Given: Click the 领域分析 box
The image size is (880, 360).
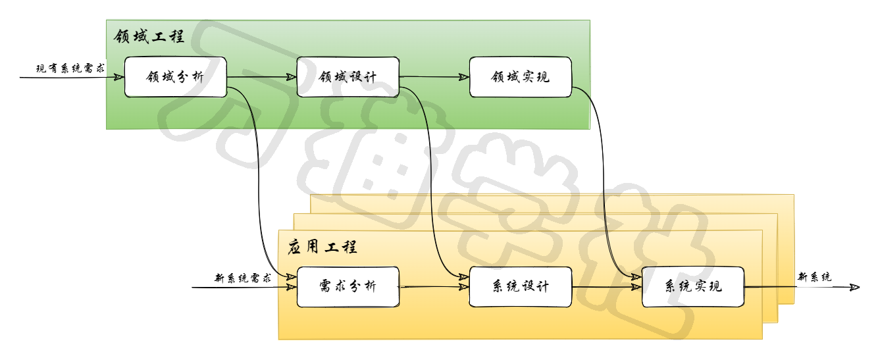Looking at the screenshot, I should click(x=175, y=77).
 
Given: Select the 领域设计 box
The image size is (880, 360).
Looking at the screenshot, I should click(x=348, y=77).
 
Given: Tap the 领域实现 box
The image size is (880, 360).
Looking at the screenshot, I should click(x=520, y=77).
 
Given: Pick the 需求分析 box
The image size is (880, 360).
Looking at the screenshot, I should click(x=348, y=286).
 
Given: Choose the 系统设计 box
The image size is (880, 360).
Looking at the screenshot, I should click(x=520, y=286).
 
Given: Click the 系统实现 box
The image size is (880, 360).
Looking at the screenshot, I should click(x=692, y=286).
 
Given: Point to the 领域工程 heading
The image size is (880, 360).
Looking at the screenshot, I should click(x=149, y=36).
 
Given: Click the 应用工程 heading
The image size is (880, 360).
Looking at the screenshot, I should click(x=323, y=247).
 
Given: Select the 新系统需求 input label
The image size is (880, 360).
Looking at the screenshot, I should click(x=243, y=278).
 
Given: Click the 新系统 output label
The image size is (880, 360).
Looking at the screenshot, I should click(x=814, y=277).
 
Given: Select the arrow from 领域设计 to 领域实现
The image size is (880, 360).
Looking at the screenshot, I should click(x=434, y=77).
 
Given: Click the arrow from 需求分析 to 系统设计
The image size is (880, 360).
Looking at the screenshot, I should click(x=434, y=286).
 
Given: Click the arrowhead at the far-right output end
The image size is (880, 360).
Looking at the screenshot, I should click(x=855, y=287).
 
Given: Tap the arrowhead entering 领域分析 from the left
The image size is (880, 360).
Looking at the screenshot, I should click(x=119, y=77).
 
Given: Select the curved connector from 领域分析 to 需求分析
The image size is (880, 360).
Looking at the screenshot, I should click(x=258, y=184).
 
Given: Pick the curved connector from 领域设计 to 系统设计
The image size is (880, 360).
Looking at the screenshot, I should click(x=431, y=184).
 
